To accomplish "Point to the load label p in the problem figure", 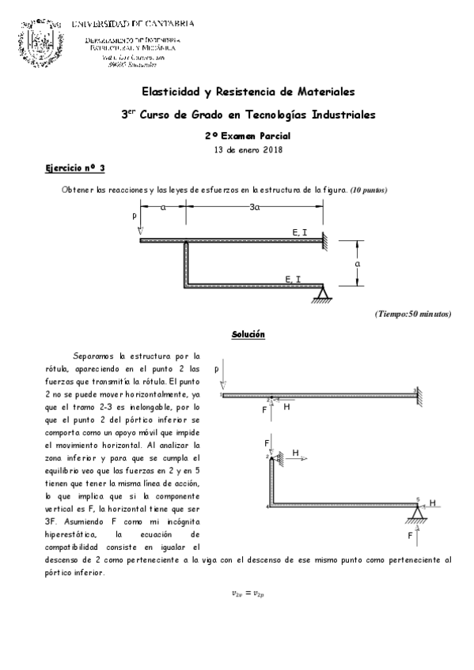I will click(x=135, y=214).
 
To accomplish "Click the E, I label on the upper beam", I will click(x=300, y=231).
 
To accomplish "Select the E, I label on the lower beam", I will click(x=292, y=278).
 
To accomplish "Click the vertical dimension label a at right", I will click(x=358, y=262).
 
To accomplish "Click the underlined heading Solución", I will click(x=248, y=335).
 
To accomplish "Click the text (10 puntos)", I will click(x=369, y=190).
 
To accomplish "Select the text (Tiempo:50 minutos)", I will click(x=413, y=314).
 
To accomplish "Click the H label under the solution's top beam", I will click(x=287, y=407).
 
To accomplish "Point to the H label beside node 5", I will click(x=432, y=502).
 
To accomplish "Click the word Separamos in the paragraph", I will click(x=93, y=356).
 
